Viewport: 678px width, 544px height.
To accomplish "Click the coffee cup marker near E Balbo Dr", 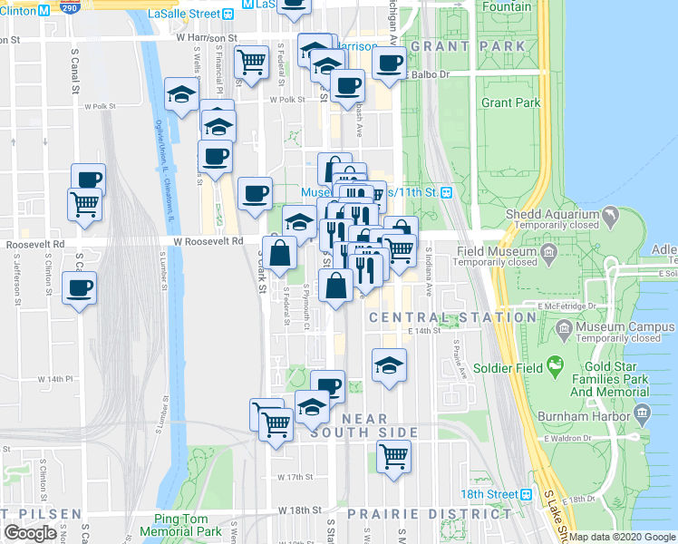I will (x=390, y=64).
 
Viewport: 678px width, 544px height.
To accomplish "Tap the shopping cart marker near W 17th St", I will (x=393, y=456).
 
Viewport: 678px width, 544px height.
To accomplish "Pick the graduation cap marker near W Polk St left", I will (x=181, y=94).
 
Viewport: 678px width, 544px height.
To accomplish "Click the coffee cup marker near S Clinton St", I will (x=79, y=287).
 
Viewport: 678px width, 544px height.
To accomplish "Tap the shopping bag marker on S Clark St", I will (x=281, y=253).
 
